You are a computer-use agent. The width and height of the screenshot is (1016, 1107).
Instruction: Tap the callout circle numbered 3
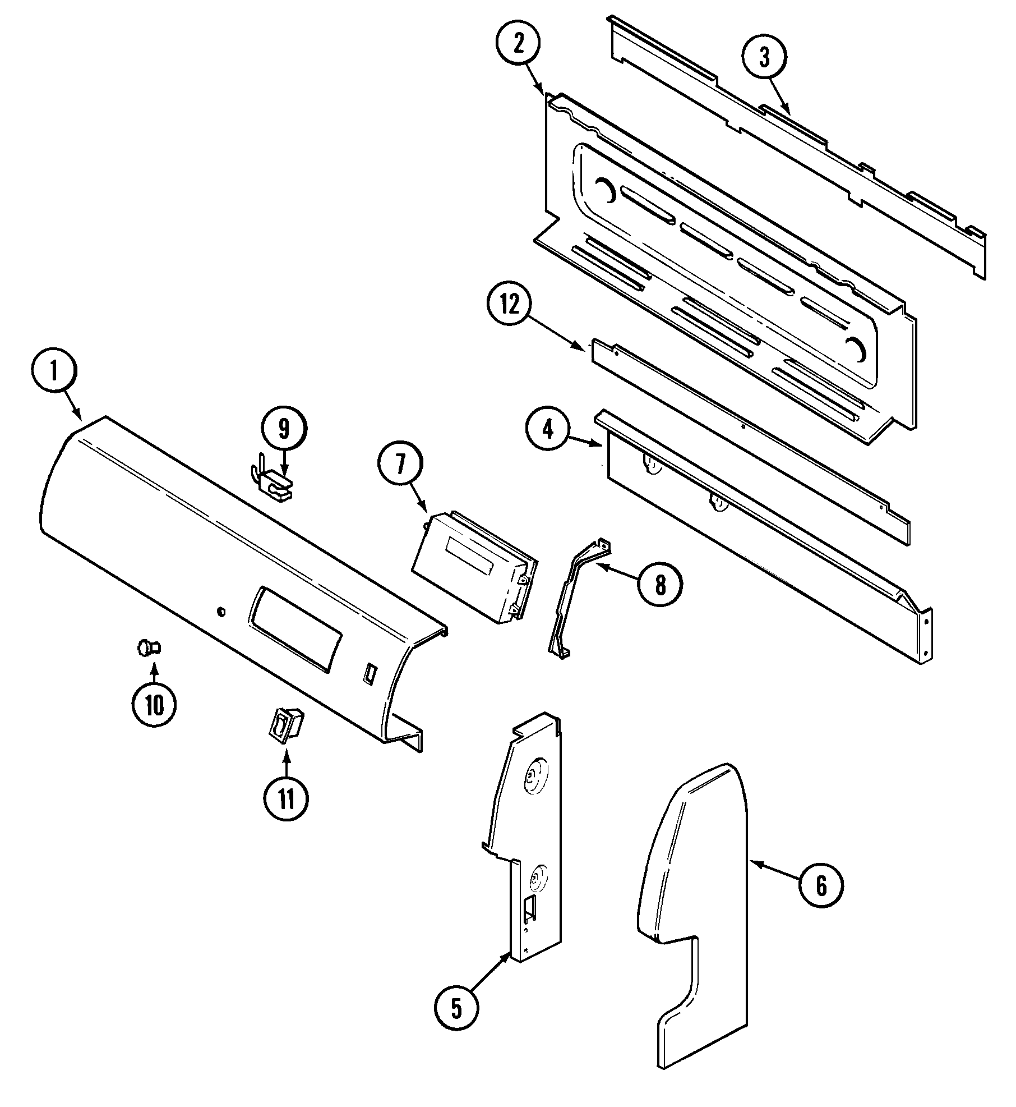[764, 58]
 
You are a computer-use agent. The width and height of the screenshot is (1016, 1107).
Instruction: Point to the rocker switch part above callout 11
[286, 726]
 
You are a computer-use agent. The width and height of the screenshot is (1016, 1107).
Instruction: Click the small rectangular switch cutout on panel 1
[368, 673]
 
